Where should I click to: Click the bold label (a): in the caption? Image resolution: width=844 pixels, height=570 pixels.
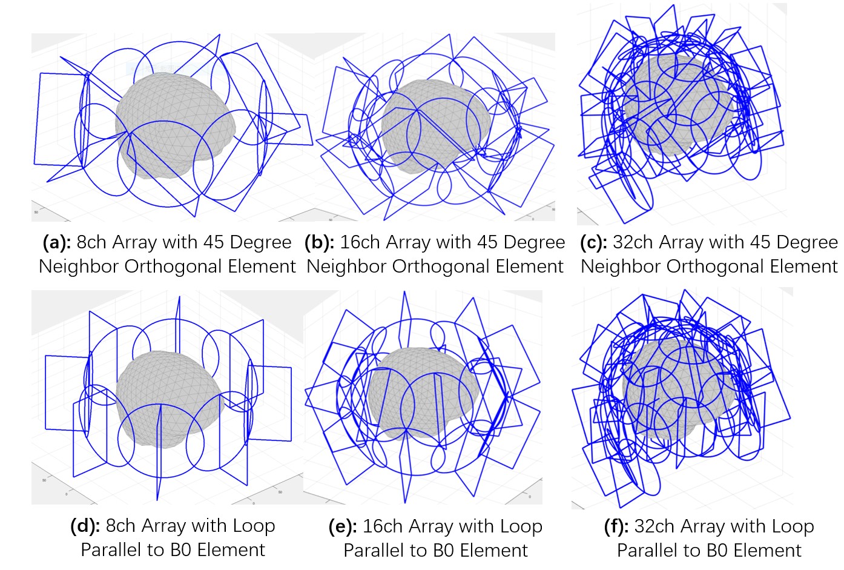click(56, 243)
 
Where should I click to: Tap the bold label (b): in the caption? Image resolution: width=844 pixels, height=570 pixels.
click(319, 243)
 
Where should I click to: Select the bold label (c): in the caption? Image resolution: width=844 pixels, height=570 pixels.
click(593, 243)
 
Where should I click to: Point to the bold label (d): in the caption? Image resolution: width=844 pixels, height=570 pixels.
click(85, 526)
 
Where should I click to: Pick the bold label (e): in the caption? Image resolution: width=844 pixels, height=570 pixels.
click(343, 527)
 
